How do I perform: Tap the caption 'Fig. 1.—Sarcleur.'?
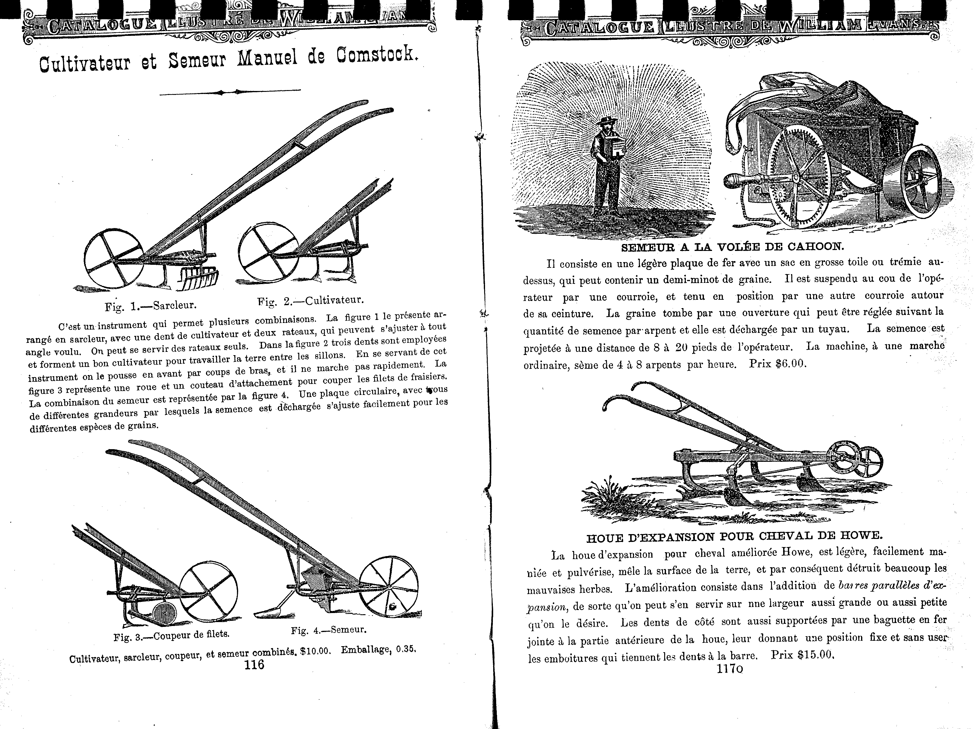tap(151, 306)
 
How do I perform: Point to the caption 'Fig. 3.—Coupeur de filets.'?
tap(172, 635)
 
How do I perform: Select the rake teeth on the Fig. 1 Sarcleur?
tap(200, 279)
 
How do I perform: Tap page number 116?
tap(254, 665)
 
